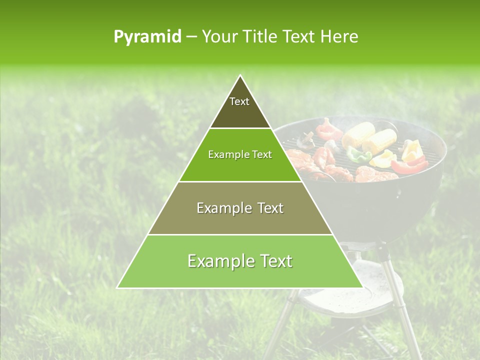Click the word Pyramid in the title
pyautogui.click(x=147, y=37)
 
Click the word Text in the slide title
pyautogui.click(x=298, y=37)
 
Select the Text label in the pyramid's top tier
pyautogui.click(x=239, y=101)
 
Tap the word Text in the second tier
pyautogui.click(x=261, y=155)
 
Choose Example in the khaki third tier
pyautogui.click(x=222, y=208)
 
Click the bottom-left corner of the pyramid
pyautogui.click(x=117, y=287)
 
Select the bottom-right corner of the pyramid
pyautogui.click(x=362, y=287)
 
